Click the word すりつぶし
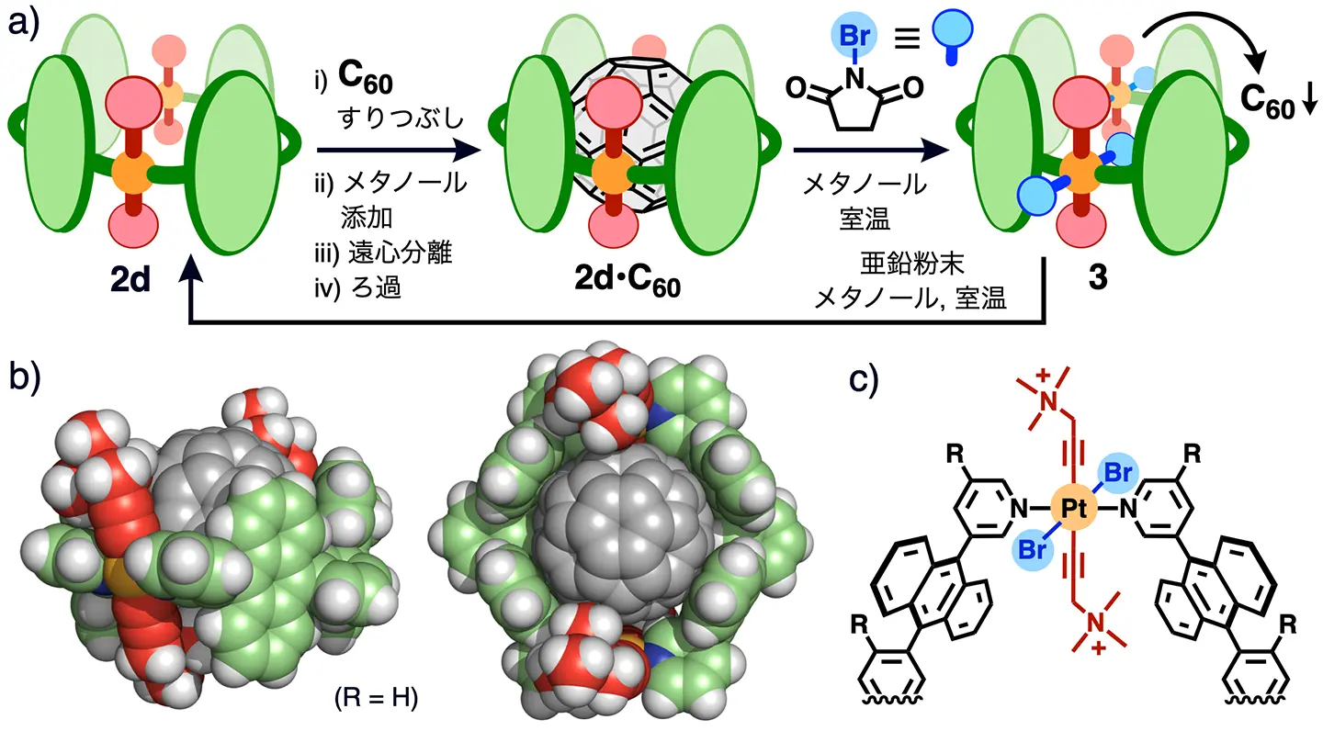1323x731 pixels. tap(397, 121)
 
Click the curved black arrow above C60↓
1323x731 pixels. tap(1228, 37)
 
